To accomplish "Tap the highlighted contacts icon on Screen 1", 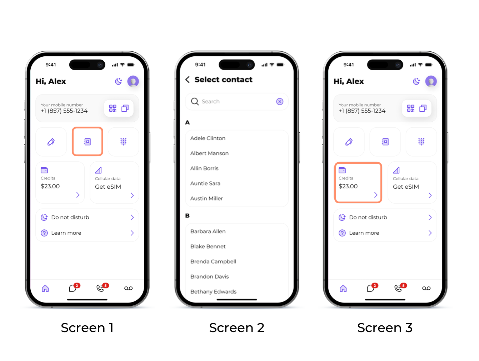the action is (87, 142).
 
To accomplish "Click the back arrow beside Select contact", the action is (187, 80).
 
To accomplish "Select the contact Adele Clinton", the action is (208, 138).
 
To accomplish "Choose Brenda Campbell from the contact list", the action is (213, 261).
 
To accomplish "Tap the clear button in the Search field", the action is (280, 102).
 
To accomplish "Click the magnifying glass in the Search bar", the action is (195, 102).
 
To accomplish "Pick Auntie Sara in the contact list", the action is (205, 183).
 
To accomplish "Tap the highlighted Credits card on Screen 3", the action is (358, 183).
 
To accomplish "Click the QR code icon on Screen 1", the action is (113, 108).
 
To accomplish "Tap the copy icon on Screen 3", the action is (423, 108).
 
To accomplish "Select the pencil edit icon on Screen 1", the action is (51, 142).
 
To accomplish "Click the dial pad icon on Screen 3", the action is (421, 142).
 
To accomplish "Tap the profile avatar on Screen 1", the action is (133, 81).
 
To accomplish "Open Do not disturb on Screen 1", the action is (70, 217).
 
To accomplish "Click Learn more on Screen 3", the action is (364, 233).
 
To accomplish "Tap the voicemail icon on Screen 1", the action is (128, 288).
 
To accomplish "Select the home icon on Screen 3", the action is (343, 288).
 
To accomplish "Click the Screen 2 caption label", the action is (236, 328).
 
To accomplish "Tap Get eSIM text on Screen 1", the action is (108, 187).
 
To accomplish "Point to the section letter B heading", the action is (187, 215).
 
